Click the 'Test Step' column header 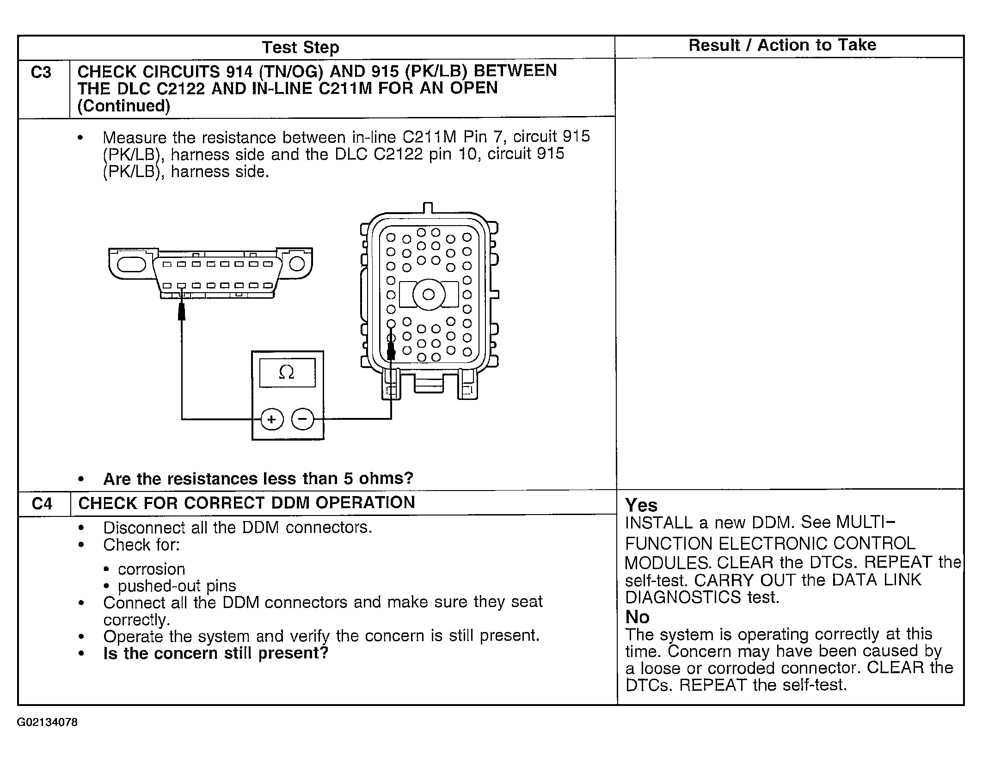(x=301, y=47)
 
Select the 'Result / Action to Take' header (x=782, y=45)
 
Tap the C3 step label (x=41, y=73)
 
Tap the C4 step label (x=42, y=503)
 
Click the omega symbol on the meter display (x=287, y=372)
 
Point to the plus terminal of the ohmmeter (x=271, y=419)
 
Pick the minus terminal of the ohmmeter (x=302, y=419)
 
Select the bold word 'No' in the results (x=637, y=617)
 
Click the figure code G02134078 (x=47, y=723)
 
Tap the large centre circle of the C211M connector (x=429, y=295)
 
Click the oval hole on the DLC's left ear (x=132, y=264)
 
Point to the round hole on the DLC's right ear (x=297, y=263)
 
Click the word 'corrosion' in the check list (x=151, y=569)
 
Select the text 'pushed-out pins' (x=177, y=586)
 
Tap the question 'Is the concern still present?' (x=215, y=653)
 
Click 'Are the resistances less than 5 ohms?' (x=258, y=479)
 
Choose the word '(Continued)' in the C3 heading (x=124, y=106)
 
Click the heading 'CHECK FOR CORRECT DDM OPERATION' (x=246, y=503)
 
